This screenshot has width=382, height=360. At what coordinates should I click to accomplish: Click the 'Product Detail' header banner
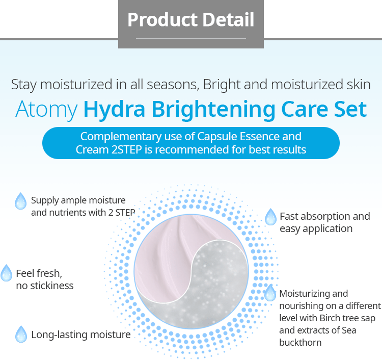tap(191, 24)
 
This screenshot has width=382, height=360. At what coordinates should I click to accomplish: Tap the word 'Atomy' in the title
tap(46, 110)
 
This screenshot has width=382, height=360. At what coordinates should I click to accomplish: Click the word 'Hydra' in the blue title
tap(114, 110)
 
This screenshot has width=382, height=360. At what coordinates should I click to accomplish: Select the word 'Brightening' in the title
tap(213, 110)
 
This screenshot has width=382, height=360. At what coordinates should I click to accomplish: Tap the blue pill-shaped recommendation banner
tap(191, 143)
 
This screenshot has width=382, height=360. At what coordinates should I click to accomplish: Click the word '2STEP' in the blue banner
tap(126, 150)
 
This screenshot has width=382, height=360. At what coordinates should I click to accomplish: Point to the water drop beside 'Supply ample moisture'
tap(20, 201)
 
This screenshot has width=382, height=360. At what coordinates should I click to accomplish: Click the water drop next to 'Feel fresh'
tap(6, 273)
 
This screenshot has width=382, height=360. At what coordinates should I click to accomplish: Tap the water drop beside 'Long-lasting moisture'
tap(21, 334)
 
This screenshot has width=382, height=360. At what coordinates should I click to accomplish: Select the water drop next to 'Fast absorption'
tap(270, 217)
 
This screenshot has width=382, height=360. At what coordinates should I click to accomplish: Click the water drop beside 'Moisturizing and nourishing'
tap(270, 293)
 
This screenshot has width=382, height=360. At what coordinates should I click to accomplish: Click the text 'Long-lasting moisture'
tap(81, 335)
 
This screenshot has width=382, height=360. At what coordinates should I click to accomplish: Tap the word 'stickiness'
tap(52, 286)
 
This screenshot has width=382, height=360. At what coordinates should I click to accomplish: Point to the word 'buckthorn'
tap(301, 343)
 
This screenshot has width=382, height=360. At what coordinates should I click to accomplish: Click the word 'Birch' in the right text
tap(329, 318)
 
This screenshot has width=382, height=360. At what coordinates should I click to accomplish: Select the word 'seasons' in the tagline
tap(173, 85)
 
